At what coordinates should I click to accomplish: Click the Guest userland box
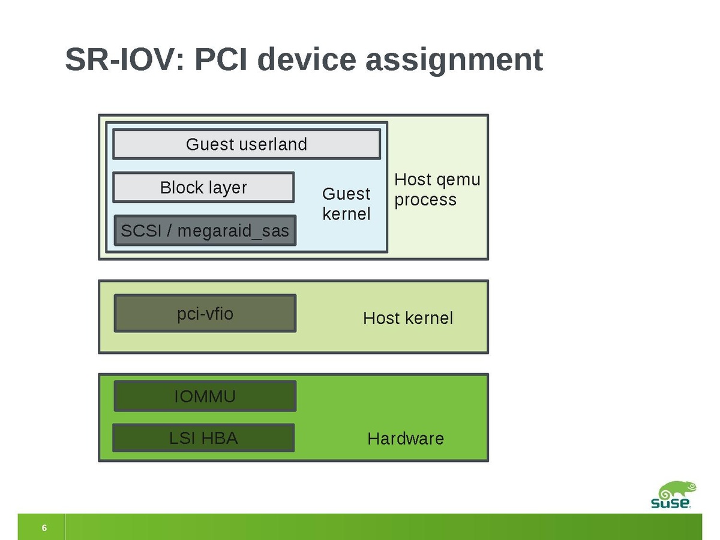(x=246, y=144)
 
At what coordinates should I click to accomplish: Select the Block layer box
(x=203, y=188)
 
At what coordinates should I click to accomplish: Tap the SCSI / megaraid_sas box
(x=205, y=230)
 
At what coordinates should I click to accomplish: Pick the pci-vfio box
(x=205, y=313)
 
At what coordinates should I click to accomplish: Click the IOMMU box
(x=205, y=396)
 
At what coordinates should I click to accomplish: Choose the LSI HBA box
(x=203, y=438)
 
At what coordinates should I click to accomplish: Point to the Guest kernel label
(x=346, y=203)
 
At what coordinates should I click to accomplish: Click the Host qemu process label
(x=437, y=190)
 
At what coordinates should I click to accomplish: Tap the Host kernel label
(x=408, y=318)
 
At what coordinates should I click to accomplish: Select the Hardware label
(x=406, y=439)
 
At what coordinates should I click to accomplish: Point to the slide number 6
(x=44, y=528)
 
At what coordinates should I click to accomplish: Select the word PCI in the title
(x=223, y=60)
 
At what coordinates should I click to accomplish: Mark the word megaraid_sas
(x=233, y=231)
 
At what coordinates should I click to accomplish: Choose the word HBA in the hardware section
(x=219, y=438)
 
